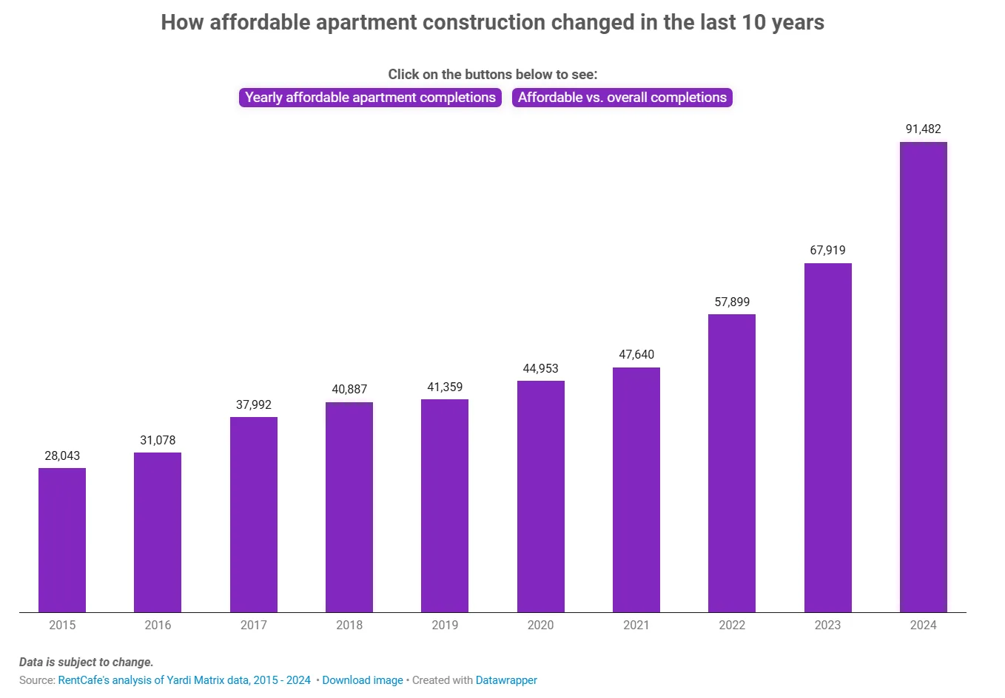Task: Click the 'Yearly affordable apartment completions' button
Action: point(370,98)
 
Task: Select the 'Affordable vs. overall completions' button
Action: point(622,98)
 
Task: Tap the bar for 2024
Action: point(923,377)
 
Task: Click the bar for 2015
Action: point(62,540)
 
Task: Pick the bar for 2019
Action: point(445,506)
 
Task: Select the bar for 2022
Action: point(732,463)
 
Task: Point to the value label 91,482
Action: point(923,129)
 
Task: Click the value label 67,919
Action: point(827,251)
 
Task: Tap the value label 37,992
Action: point(254,405)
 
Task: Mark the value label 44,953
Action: point(540,369)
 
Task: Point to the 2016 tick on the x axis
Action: point(158,626)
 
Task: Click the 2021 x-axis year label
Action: point(636,626)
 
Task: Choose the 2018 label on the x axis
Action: point(349,626)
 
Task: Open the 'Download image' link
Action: point(363,680)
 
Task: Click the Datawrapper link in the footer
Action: point(506,680)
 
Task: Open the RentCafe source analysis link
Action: point(184,680)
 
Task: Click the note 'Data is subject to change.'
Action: point(87,663)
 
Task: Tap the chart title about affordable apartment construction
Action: point(492,23)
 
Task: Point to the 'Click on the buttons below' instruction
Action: point(492,75)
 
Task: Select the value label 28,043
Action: point(62,456)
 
